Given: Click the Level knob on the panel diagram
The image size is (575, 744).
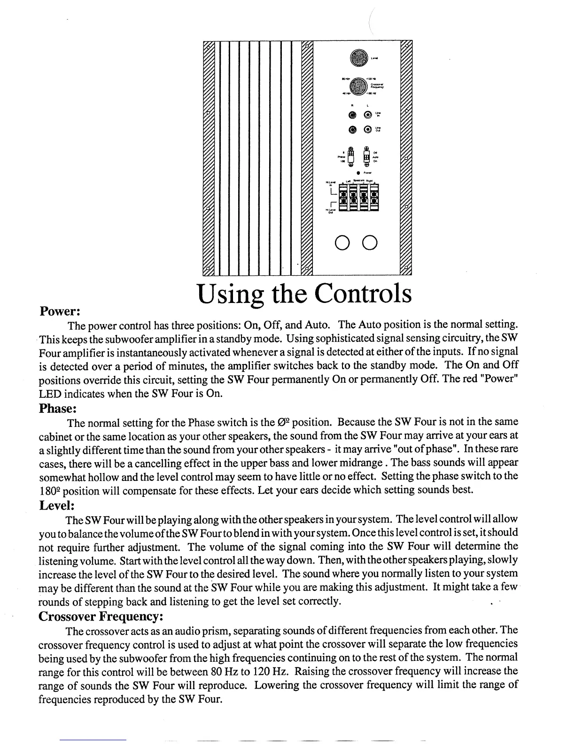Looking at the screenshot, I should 357,58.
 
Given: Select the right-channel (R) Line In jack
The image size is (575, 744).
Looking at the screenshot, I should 351,115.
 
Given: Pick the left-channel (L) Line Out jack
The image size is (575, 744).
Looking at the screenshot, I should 368,129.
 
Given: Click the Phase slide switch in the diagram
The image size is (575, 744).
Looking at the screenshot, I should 350,156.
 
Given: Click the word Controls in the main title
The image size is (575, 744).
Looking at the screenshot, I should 363,294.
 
